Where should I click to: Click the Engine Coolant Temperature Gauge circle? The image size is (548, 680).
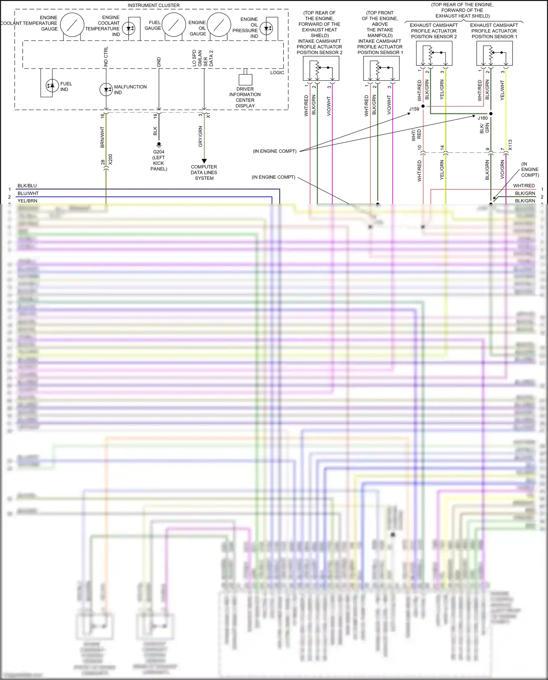pos(72,24)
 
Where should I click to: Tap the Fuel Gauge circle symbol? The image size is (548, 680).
pos(174,24)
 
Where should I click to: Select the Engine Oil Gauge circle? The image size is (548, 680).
pos(219,24)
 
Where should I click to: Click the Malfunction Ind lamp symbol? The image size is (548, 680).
pos(106,90)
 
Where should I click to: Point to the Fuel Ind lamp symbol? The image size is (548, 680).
pos(52,86)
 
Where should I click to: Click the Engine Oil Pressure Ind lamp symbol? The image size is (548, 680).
pos(267,28)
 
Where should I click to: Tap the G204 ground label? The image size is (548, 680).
pos(159,152)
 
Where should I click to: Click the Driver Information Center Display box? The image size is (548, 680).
pos(246,80)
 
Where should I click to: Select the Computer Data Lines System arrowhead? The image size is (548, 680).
pos(204,161)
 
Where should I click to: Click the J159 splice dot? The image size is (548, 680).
pos(423,106)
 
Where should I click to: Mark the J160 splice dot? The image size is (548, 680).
pos(491,114)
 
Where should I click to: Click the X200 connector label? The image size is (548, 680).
pos(111,159)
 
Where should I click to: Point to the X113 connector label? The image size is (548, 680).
pos(510,145)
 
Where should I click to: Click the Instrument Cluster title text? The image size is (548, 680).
pos(153,5)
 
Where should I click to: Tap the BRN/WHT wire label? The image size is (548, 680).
pos(102,137)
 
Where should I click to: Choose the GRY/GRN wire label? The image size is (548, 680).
pos(200,136)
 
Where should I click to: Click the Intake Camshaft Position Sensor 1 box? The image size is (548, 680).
pos(381,68)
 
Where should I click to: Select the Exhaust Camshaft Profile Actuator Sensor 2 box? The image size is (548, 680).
pos(434,53)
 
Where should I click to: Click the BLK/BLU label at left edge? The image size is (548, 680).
pos(27,186)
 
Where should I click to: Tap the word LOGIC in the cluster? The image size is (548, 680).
pos(277,72)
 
